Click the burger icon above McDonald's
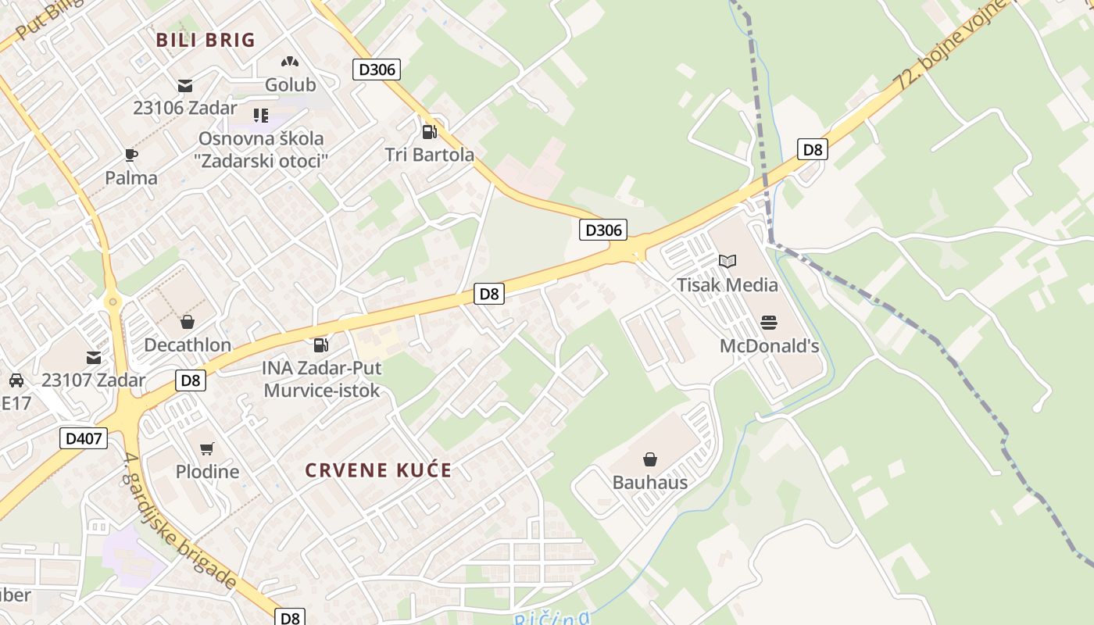769,322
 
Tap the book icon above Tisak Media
728,261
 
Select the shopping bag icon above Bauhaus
649,459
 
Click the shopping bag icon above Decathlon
188,321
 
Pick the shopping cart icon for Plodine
206,448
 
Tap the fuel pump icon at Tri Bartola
428,131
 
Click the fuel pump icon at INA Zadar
320,345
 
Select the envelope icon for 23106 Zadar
185,85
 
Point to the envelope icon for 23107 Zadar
94,358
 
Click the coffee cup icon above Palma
131,155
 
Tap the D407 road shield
84,438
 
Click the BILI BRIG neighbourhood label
206,40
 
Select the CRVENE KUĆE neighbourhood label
378,470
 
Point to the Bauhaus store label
650,482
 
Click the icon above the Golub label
290,62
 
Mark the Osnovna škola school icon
261,116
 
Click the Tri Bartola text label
430,155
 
